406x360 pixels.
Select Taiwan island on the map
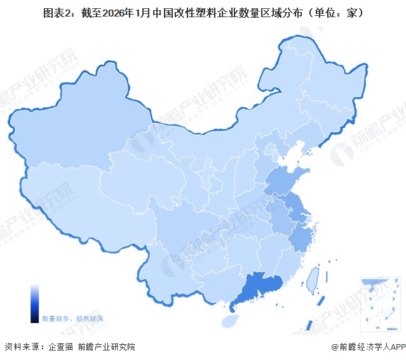click(x=312, y=278)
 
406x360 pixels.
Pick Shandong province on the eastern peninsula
click(x=286, y=181)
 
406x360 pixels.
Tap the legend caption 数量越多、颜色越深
click(x=72, y=318)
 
